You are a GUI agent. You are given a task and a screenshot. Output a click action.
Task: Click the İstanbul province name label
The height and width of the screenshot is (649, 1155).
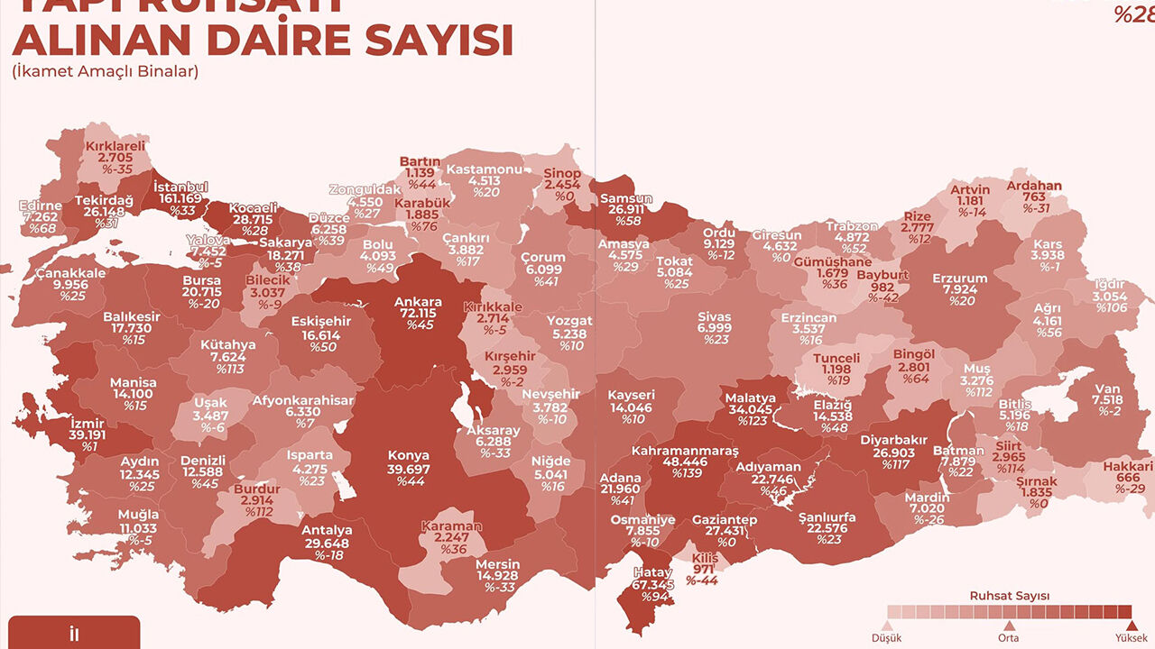[x=180, y=187]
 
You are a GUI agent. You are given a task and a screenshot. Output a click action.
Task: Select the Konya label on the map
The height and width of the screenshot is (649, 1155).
[x=408, y=455]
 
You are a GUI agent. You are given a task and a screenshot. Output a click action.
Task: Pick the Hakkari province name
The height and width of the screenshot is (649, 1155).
[x=1128, y=466]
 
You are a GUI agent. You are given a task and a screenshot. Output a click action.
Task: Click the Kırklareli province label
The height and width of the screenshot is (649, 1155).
[x=115, y=146]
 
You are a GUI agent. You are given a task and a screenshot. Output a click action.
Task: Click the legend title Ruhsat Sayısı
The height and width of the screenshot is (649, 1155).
[x=1009, y=596]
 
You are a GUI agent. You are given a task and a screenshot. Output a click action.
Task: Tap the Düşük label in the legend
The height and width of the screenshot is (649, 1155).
[x=887, y=638]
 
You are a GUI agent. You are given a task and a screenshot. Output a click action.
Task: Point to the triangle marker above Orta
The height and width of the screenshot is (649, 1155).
[x=1010, y=625]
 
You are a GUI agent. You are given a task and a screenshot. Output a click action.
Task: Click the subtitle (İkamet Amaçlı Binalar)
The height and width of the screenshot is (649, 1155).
[x=105, y=71]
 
